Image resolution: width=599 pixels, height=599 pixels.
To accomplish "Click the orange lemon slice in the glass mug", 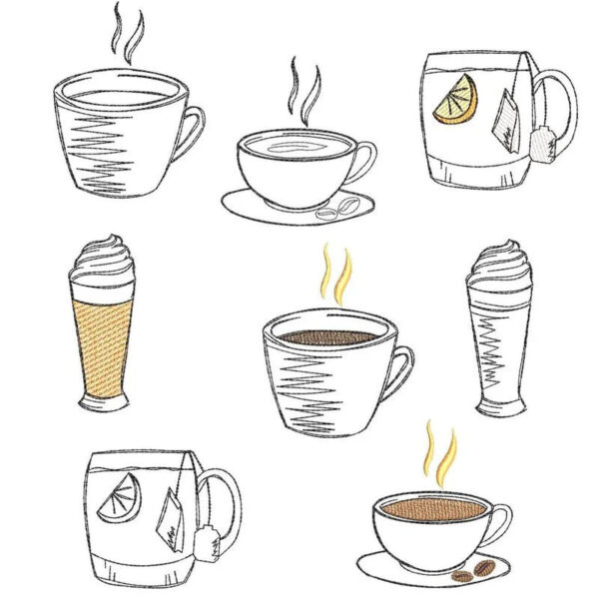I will tap(456, 102).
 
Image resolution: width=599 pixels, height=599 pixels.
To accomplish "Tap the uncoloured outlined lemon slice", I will tap(125, 494).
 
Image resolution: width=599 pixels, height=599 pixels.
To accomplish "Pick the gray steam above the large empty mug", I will tap(127, 33).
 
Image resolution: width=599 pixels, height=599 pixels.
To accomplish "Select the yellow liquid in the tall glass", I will tap(102, 344).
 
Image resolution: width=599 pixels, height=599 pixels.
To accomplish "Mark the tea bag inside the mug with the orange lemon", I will tap(507, 119).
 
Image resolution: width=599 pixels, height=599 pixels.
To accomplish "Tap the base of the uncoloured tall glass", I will tap(499, 406).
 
